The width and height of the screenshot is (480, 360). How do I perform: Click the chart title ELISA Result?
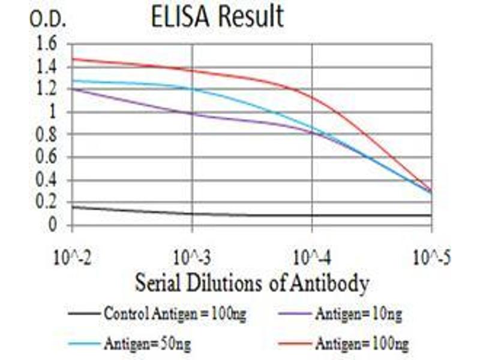(x=217, y=17)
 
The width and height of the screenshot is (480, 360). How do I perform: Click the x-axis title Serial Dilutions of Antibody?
(x=251, y=283)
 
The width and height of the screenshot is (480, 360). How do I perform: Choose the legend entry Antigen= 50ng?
(x=148, y=344)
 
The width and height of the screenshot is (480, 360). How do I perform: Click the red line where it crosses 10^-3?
(x=192, y=71)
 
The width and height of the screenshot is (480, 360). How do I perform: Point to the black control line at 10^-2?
(x=73, y=206)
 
